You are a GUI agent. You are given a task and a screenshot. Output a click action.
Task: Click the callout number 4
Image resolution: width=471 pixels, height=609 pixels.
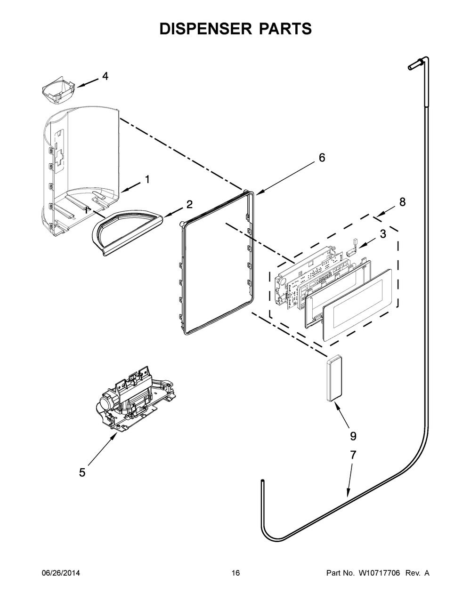pyautogui.click(x=105, y=76)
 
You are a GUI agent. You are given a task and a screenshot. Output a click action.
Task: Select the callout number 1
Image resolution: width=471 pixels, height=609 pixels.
pyautogui.click(x=147, y=179)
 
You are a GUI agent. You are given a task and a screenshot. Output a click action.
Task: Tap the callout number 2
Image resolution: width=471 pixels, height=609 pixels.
pyautogui.click(x=189, y=204)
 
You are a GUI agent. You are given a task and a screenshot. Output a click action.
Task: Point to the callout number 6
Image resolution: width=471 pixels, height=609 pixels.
pyautogui.click(x=322, y=158)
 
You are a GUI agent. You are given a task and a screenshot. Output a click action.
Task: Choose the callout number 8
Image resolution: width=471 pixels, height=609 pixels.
pyautogui.click(x=402, y=202)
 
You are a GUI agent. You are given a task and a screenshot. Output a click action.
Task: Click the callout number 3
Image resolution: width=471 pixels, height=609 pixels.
pyautogui.click(x=382, y=233)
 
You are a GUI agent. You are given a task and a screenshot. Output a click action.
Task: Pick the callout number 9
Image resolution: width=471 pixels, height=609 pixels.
pyautogui.click(x=353, y=436)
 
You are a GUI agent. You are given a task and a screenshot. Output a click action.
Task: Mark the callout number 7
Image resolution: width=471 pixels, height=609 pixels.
pyautogui.click(x=353, y=455)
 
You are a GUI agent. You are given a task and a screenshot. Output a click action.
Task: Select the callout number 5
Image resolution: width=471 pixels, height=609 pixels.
pyautogui.click(x=82, y=473)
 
